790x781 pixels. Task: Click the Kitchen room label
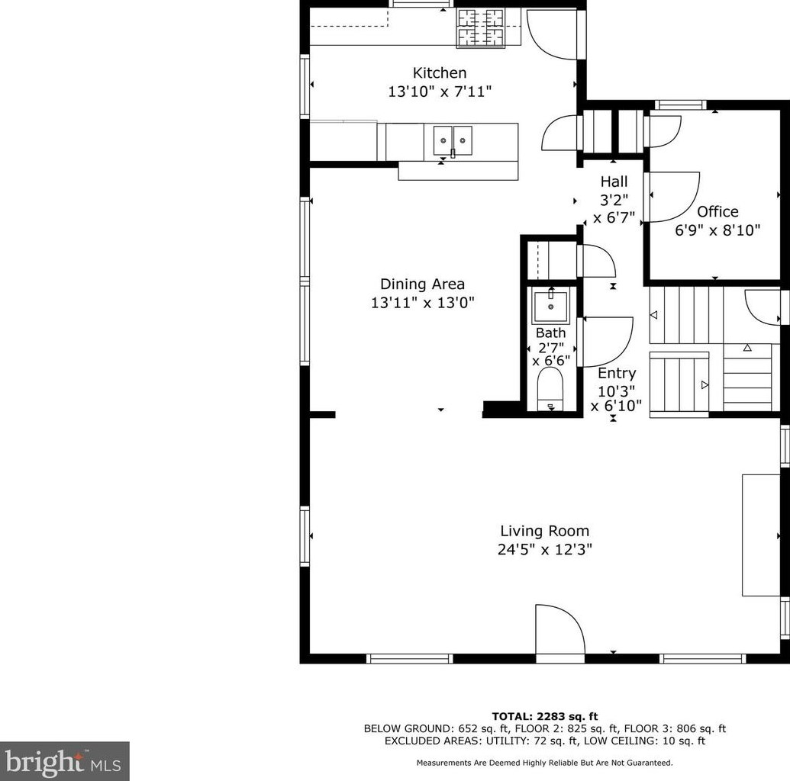(440, 73)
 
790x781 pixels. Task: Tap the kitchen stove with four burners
(481, 29)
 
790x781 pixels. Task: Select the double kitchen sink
(453, 140)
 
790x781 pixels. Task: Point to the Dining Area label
(422, 284)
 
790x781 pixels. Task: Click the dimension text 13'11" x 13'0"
(423, 303)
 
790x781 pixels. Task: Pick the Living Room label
(545, 531)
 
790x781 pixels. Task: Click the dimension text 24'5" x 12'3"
(545, 549)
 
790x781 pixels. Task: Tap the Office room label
(717, 211)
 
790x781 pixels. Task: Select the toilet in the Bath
(550, 389)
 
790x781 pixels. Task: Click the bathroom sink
(550, 306)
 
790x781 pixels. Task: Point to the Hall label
(614, 182)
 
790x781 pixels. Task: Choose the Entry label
(617, 373)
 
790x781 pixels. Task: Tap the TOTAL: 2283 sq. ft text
(545, 716)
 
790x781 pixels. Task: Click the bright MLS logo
(64, 761)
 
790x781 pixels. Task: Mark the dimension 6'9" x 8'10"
(717, 230)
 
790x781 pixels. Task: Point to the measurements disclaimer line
(545, 763)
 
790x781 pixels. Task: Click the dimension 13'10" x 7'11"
(440, 92)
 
